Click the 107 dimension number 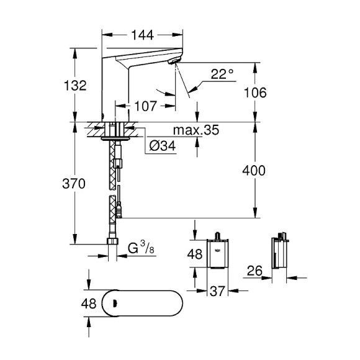pos(145,106)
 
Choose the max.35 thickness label pos(196,132)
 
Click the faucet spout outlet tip pos(174,60)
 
